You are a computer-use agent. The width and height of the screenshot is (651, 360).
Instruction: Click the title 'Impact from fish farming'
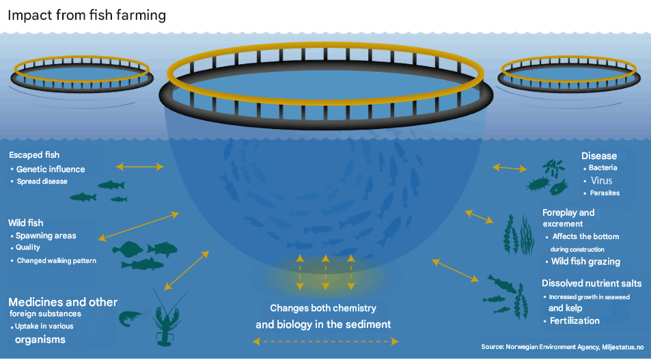click(87, 15)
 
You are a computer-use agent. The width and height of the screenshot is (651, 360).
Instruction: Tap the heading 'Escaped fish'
click(34, 155)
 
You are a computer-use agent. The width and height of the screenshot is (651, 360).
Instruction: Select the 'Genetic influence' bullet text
click(51, 169)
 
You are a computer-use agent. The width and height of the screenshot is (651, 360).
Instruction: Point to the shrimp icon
click(132, 317)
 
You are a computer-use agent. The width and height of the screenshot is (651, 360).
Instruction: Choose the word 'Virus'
click(601, 180)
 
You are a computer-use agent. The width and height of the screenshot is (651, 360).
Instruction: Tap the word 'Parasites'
click(605, 193)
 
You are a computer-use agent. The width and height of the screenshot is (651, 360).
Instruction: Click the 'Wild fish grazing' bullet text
click(585, 262)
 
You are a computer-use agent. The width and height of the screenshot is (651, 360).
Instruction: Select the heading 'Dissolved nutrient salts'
click(592, 283)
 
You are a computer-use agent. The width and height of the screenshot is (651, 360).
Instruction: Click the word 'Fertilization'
click(574, 321)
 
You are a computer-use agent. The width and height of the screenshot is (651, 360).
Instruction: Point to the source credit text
click(563, 347)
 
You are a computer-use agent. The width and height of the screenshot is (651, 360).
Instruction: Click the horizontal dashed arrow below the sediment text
click(325, 342)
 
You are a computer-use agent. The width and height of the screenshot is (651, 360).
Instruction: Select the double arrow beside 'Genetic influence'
click(140, 167)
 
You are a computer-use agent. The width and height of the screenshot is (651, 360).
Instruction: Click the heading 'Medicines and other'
click(63, 303)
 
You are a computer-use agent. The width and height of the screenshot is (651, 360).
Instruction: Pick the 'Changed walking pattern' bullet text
click(57, 261)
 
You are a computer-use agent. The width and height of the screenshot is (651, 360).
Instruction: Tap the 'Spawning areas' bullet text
click(46, 236)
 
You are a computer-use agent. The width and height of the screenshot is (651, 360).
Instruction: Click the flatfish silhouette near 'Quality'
click(128, 249)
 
